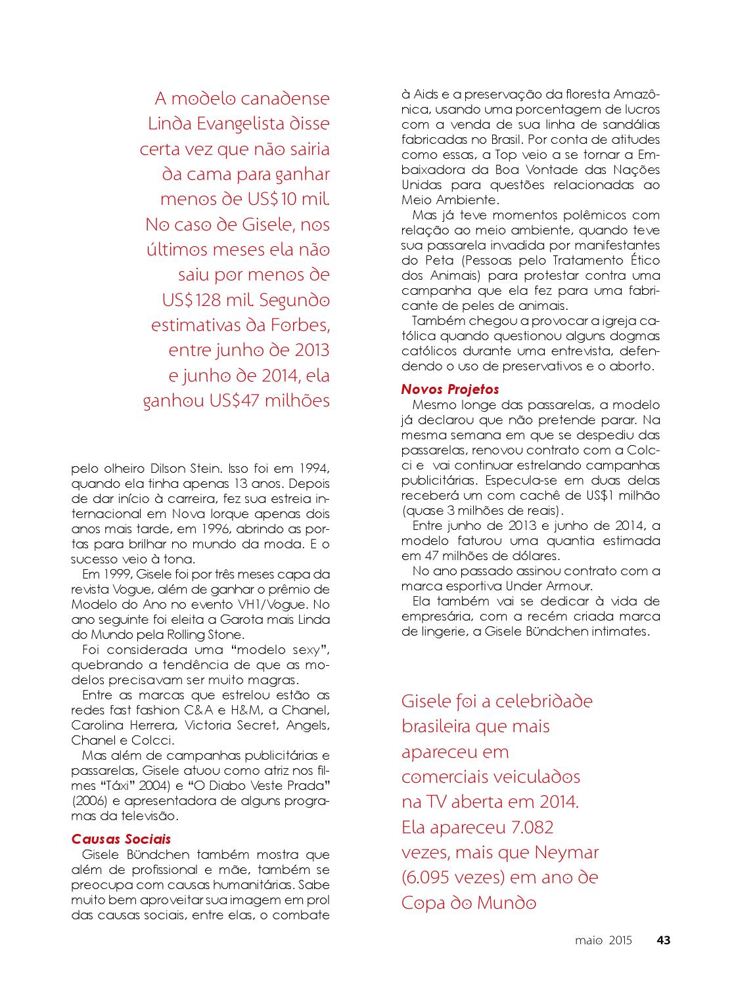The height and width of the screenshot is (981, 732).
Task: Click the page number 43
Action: click(x=664, y=940)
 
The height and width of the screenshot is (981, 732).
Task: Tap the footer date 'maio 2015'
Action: click(x=603, y=940)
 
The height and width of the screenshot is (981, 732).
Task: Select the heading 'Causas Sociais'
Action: click(x=121, y=839)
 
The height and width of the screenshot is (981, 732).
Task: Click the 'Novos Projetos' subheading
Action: click(x=450, y=389)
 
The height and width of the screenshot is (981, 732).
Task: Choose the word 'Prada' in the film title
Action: click(x=308, y=785)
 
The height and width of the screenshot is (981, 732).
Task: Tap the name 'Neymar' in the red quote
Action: click(x=567, y=852)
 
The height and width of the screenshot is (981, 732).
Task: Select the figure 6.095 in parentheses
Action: click(x=434, y=877)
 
